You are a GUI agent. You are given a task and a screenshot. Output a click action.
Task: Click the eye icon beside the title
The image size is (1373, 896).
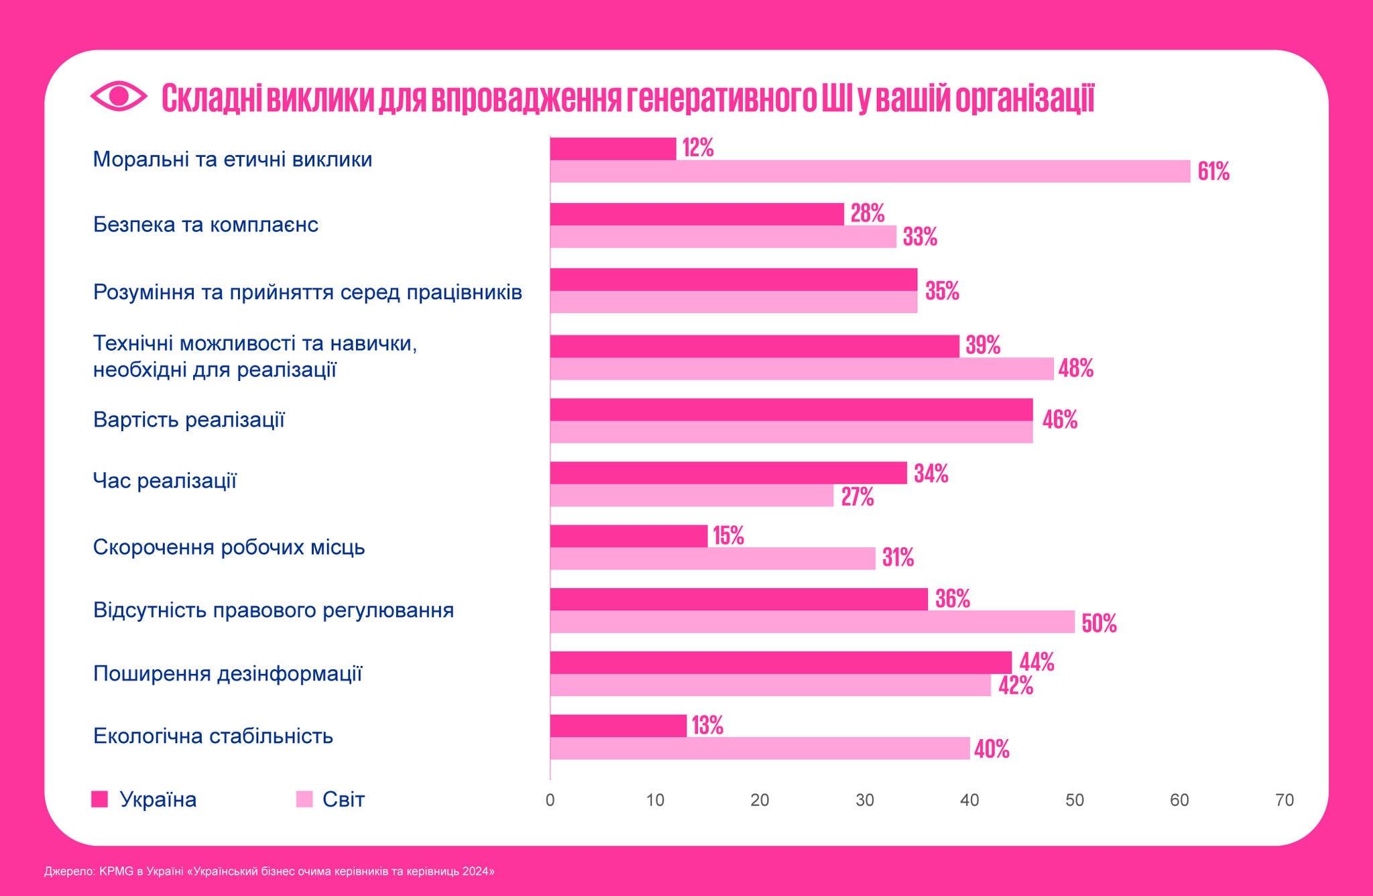pos(118,96)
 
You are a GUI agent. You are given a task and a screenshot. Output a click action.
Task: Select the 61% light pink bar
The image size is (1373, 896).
pos(870,172)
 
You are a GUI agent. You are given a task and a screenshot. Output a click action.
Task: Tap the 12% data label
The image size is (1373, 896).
pos(698,148)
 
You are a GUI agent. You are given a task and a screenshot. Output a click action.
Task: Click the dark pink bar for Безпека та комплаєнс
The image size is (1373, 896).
pos(697,214)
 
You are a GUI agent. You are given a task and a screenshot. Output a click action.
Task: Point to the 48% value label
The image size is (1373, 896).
pos(1076,368)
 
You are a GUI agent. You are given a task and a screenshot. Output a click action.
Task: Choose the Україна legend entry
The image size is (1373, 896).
pos(145,799)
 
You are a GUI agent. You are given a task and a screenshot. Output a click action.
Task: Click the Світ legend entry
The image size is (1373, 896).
pos(331,799)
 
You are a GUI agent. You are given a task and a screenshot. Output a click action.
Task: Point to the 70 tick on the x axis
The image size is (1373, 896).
pos(1284,800)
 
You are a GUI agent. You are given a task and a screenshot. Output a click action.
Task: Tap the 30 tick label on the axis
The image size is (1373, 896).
pos(864,800)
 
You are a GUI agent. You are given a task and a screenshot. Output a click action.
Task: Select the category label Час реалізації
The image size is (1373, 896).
pos(164,481)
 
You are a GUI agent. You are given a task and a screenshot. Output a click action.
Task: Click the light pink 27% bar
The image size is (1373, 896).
pos(691,496)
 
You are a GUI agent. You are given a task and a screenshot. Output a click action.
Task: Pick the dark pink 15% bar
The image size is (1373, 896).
pos(628,536)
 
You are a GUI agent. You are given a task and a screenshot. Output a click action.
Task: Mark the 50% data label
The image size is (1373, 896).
pos(1099,624)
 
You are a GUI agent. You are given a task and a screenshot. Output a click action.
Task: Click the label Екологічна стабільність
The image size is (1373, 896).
pos(213,736)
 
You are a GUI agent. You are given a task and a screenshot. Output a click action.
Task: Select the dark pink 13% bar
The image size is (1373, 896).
pos(618,726)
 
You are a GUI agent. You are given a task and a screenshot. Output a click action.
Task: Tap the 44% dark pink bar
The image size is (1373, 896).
pos(780,663)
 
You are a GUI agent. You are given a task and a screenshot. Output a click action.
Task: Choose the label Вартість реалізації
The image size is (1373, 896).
pos(188,420)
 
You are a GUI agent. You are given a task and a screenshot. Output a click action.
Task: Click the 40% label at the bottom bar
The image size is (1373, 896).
pos(992,749)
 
